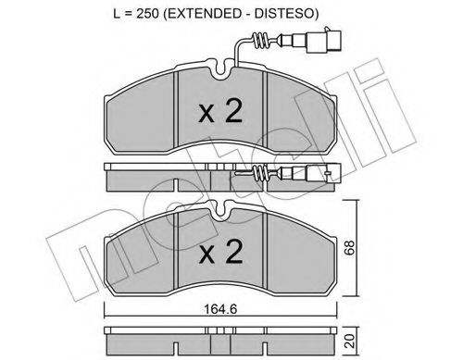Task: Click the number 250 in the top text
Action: tap(148, 14)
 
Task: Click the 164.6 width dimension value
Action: tap(220, 308)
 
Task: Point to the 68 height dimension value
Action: tap(350, 247)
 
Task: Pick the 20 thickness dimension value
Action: tap(350, 341)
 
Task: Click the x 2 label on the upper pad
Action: tap(220, 113)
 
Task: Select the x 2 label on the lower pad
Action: tap(220, 252)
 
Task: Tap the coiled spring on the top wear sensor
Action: tap(260, 41)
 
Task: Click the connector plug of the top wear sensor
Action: tap(323, 41)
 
